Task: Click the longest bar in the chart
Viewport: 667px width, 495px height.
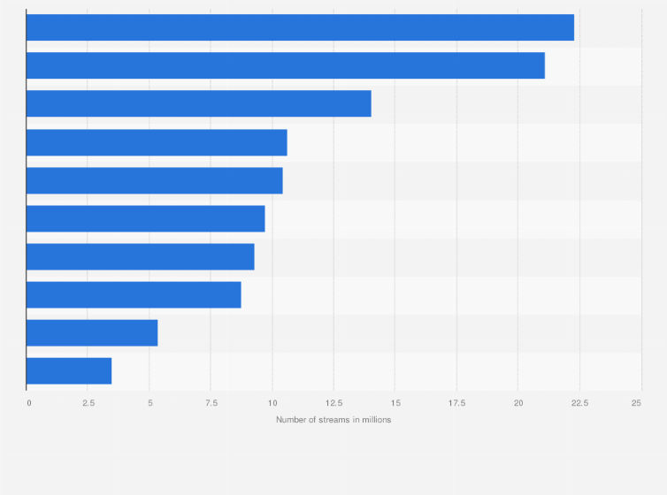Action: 300,27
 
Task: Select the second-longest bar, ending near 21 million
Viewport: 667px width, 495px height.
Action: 285,65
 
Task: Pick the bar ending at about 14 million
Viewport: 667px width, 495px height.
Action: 198,103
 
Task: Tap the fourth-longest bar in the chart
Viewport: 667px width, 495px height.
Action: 157,142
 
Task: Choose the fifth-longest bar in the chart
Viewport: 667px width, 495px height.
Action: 154,180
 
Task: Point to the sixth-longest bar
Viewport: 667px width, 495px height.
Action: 145,218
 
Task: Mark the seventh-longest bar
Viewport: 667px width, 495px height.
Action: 140,256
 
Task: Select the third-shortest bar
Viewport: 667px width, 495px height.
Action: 134,294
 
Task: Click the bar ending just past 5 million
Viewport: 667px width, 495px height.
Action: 92,332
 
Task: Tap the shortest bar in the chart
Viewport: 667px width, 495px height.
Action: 69,370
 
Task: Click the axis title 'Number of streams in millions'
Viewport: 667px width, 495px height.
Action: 333,419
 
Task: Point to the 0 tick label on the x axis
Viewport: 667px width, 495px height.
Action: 28,403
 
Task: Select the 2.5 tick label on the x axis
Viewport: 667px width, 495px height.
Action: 88,403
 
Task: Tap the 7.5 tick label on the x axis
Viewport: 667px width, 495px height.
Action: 211,403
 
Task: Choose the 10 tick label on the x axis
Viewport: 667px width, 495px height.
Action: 272,403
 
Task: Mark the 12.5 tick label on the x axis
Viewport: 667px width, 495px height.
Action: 333,403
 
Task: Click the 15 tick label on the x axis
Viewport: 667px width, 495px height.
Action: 395,403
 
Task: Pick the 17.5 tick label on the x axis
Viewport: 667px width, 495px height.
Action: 456,403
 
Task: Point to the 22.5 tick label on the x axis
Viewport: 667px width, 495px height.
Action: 579,403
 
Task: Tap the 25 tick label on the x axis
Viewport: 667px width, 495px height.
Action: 636,403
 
